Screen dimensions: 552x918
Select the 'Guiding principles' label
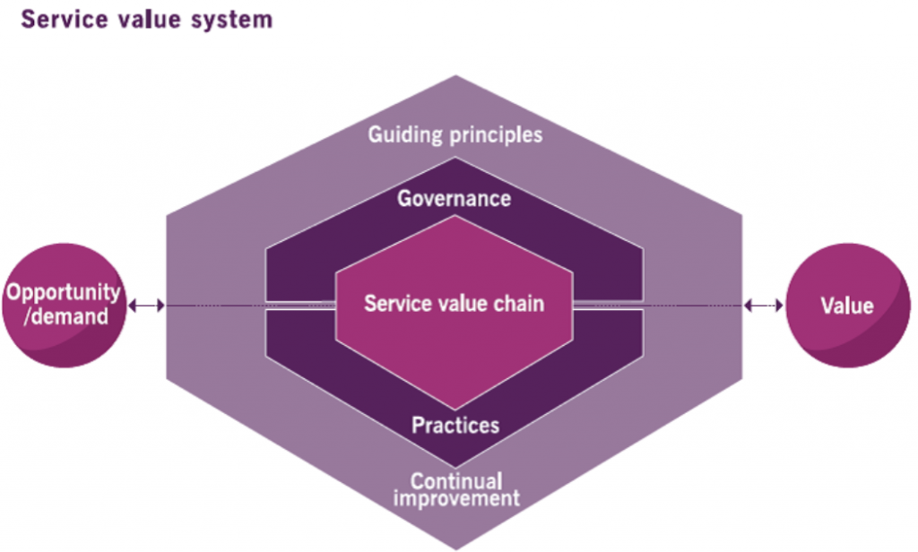click(455, 135)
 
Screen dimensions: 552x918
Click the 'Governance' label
click(455, 198)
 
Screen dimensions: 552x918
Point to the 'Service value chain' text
click(454, 303)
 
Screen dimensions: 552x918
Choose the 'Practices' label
click(455, 424)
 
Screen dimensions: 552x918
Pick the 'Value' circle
click(847, 306)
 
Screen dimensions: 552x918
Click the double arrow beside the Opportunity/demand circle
click(145, 306)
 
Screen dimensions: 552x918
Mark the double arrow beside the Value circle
click(763, 306)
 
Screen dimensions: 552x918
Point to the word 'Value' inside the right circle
click(847, 306)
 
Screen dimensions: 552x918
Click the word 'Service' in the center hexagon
click(394, 303)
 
